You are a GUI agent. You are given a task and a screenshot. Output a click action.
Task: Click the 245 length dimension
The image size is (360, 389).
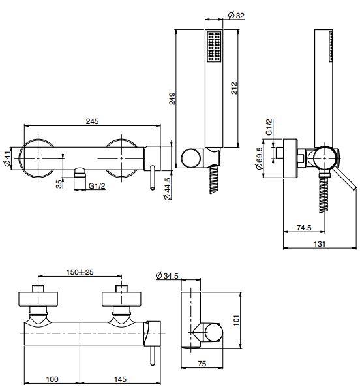pyautogui.click(x=92, y=121)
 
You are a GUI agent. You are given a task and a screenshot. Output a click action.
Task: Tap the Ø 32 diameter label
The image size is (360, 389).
pyautogui.click(x=236, y=16)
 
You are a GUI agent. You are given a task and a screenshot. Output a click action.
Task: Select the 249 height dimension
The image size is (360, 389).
pyautogui.click(x=172, y=99)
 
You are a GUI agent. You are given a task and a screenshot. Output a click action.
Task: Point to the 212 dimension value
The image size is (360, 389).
pyautogui.click(x=233, y=88)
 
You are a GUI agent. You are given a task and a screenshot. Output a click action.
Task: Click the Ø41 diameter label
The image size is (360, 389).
pyautogui.click(x=7, y=159)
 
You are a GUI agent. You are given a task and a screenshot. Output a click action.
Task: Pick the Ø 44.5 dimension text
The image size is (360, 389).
pyautogui.click(x=168, y=189)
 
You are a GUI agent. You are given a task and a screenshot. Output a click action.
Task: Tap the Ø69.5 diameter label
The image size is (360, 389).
pyautogui.click(x=260, y=158)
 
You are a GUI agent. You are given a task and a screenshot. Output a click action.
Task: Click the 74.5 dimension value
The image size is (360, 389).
pyautogui.click(x=304, y=228)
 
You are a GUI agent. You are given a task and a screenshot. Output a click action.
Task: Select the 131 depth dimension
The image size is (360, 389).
pyautogui.click(x=320, y=244)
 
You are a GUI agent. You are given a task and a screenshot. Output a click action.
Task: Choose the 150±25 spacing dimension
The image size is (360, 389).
pyautogui.click(x=80, y=272)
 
